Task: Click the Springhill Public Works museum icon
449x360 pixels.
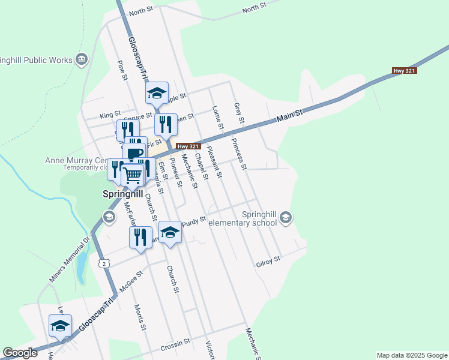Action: [82, 59]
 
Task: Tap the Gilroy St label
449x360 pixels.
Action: [268, 260]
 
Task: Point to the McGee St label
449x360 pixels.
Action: [130, 280]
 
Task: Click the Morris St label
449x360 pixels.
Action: [140, 317]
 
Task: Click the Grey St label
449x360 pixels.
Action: [239, 113]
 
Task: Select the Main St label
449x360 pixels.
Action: [291, 115]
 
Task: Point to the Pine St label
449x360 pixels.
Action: [122, 70]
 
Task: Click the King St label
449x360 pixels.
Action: [110, 114]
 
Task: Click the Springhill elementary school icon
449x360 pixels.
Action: [286, 217]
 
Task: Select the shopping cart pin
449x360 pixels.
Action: [133, 175]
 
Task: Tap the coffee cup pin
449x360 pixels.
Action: [135, 152]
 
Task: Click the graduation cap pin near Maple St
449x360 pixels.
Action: [157, 93]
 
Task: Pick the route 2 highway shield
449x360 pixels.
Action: [104, 263]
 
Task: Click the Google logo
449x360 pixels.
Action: [20, 353]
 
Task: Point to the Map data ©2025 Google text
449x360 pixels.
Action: [411, 355]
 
